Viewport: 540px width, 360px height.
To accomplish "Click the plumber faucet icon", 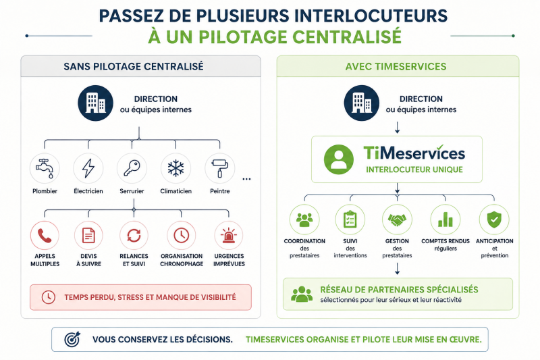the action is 45,168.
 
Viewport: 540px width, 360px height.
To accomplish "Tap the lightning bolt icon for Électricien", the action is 88,168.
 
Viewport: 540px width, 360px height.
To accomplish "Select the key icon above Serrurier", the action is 132,168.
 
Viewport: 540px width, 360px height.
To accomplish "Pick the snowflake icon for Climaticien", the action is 175,168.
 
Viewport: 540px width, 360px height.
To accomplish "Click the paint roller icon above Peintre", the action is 220,168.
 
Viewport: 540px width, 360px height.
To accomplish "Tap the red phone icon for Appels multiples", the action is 45,236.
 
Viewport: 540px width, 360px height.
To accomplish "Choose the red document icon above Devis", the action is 88,236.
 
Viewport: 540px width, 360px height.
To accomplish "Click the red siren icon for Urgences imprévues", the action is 229,236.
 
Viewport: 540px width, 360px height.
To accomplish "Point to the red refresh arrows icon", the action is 134,236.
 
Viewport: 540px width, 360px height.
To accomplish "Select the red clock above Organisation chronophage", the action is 182,236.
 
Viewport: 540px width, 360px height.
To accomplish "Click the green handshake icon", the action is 397,220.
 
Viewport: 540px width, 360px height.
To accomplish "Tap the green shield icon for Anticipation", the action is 494,220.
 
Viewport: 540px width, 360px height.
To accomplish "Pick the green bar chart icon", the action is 446,220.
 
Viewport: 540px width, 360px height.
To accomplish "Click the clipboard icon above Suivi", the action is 350,220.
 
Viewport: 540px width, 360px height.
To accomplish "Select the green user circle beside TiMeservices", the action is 339,159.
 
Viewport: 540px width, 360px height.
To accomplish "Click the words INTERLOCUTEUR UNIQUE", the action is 414,170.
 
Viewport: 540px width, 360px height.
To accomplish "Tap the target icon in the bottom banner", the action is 72,339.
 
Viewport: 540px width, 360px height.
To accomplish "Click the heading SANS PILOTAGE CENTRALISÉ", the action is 134,66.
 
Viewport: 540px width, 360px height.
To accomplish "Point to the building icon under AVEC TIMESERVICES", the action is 362,103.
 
